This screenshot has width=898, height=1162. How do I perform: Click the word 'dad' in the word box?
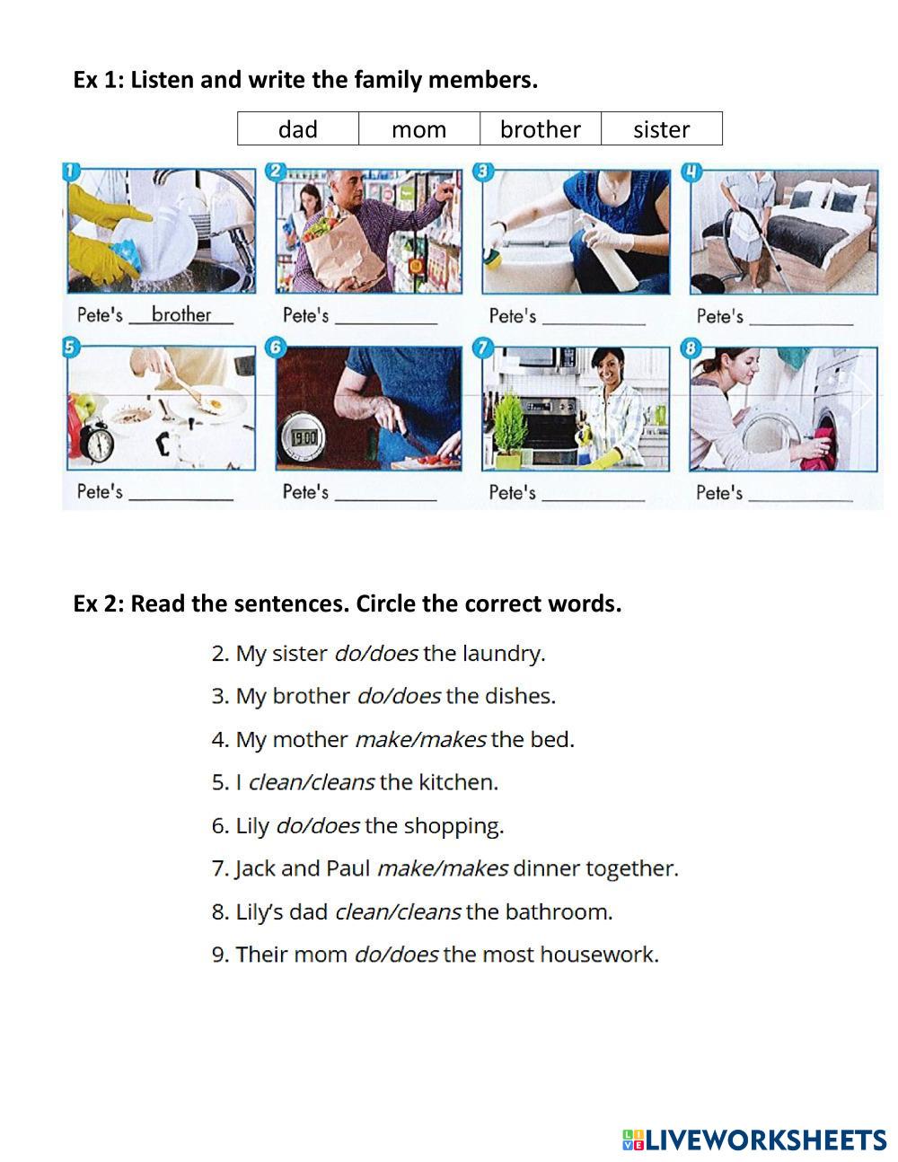[x=298, y=129]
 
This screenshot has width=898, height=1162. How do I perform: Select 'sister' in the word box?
[x=661, y=129]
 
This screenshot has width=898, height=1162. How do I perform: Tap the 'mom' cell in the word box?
[x=419, y=128]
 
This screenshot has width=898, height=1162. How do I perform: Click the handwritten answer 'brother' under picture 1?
[x=181, y=314]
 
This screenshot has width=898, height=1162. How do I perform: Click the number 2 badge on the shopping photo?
[x=276, y=172]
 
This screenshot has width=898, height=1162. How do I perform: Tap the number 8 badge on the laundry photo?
[x=691, y=348]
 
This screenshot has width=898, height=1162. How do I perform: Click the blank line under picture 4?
[x=801, y=324]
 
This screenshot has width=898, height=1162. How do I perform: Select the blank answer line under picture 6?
[x=386, y=500]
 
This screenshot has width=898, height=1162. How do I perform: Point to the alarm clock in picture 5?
[x=97, y=442]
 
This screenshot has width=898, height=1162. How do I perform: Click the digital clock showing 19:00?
[x=304, y=439]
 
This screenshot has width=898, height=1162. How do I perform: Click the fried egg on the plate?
[x=215, y=404]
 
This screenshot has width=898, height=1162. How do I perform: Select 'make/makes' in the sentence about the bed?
[x=420, y=740]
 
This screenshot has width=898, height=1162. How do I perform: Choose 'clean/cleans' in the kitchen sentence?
[x=312, y=783]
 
